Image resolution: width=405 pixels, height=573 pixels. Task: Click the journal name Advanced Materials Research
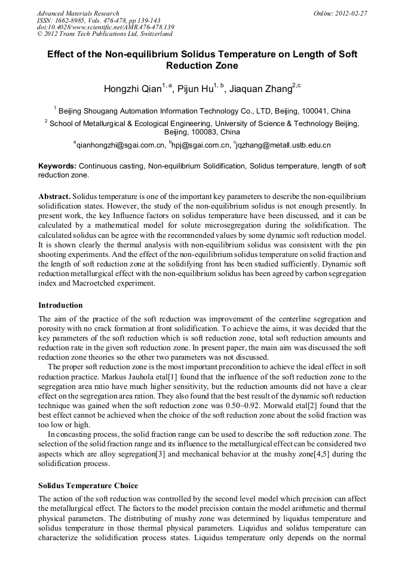click(x=78, y=13)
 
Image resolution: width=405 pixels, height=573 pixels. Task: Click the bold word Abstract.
click(x=56, y=197)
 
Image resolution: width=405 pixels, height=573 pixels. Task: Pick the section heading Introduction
click(x=60, y=305)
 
